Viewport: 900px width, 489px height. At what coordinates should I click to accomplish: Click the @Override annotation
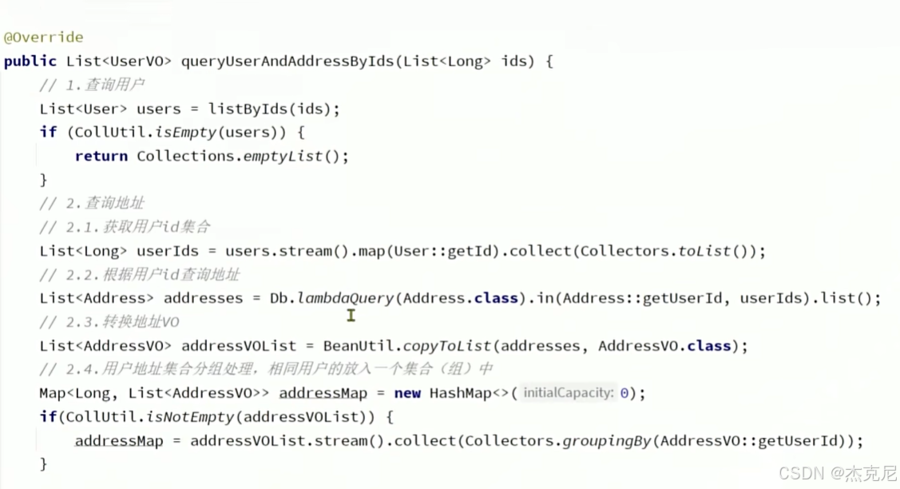point(43,38)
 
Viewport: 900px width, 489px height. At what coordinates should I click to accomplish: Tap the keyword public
point(30,62)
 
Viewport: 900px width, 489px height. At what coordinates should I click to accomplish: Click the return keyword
point(101,157)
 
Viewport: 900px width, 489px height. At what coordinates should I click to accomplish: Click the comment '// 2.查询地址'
point(92,204)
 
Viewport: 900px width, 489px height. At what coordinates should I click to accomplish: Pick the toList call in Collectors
point(704,251)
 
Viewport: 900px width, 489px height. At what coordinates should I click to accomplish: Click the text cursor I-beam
point(351,316)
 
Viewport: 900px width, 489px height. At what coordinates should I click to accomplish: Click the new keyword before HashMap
point(407,393)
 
